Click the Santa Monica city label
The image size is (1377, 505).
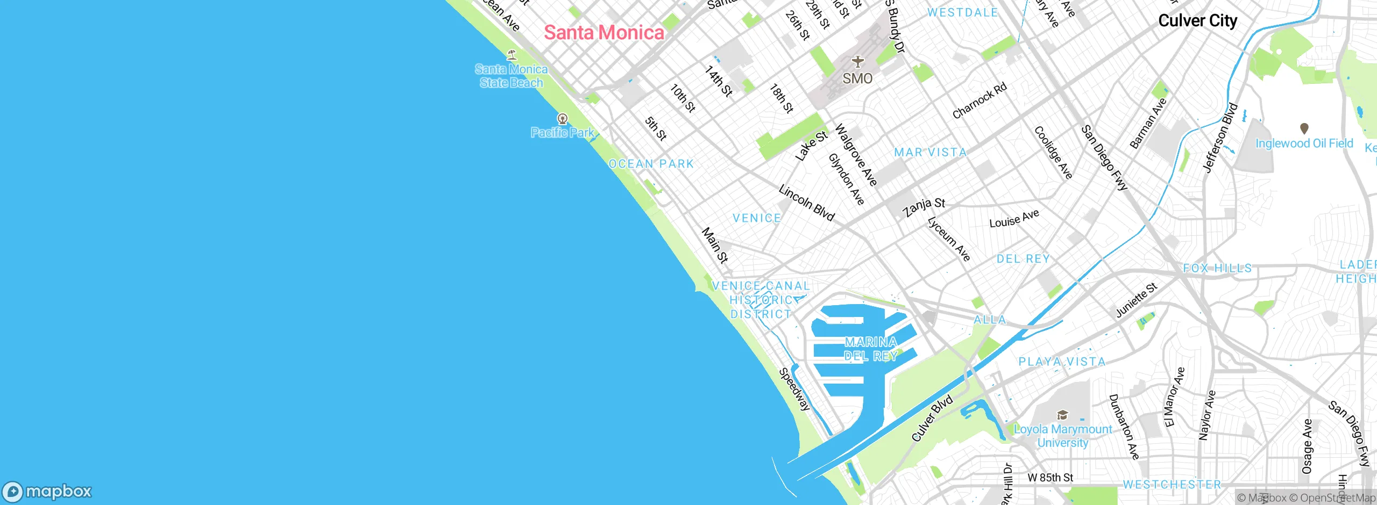pyautogui.click(x=604, y=33)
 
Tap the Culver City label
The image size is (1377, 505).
pyautogui.click(x=1197, y=21)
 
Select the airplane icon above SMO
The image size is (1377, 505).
pyautogui.click(x=857, y=62)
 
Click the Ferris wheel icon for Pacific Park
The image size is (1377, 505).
pyautogui.click(x=563, y=119)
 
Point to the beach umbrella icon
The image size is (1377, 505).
pyautogui.click(x=512, y=54)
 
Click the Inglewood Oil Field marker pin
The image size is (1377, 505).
pyautogui.click(x=1304, y=129)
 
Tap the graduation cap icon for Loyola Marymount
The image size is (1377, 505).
pyautogui.click(x=1062, y=415)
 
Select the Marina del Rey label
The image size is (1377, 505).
pyautogui.click(x=871, y=349)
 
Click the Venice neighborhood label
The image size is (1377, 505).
pyautogui.click(x=757, y=218)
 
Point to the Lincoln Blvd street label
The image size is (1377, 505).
pyautogui.click(x=806, y=204)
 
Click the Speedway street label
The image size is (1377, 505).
pyautogui.click(x=794, y=389)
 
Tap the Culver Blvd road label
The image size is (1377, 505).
pyautogui.click(x=932, y=419)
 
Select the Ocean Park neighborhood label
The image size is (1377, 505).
pyautogui.click(x=651, y=164)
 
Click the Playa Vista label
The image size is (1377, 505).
pyautogui.click(x=1062, y=362)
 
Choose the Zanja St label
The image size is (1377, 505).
pyautogui.click(x=924, y=206)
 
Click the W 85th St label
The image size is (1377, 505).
pyautogui.click(x=1050, y=478)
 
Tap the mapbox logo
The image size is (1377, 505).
pyautogui.click(x=47, y=492)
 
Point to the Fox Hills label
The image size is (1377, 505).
pyautogui.click(x=1217, y=268)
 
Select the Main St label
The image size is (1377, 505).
pyautogui.click(x=715, y=246)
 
